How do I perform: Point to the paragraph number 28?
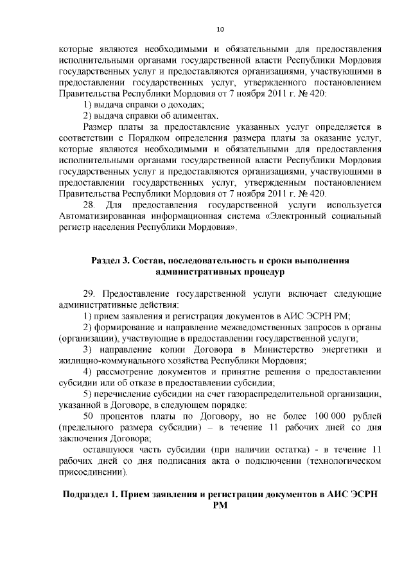tap(91, 205)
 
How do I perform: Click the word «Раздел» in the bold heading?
tap(107, 260)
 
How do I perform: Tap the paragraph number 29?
tap(89, 294)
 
